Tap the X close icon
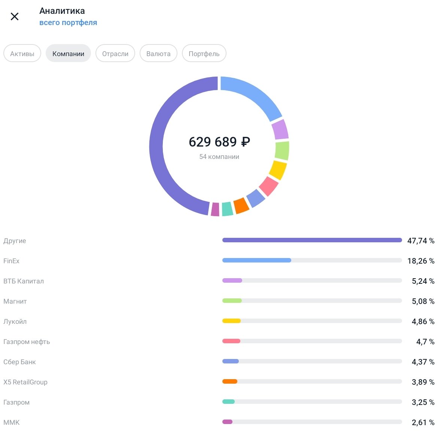pyautogui.click(x=15, y=16)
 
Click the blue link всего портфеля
pyautogui.click(x=68, y=22)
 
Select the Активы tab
pyautogui.click(x=22, y=53)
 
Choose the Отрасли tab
pyautogui.click(x=115, y=53)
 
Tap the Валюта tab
pyautogui.click(x=158, y=53)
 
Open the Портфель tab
pyautogui.click(x=204, y=53)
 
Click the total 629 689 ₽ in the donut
pyautogui.click(x=219, y=142)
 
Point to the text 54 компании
pyautogui.click(x=219, y=157)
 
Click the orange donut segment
pyautogui.click(x=241, y=206)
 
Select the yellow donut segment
pyautogui.click(x=278, y=170)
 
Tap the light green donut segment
pyautogui.click(x=282, y=150)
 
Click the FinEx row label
pyautogui.click(x=11, y=261)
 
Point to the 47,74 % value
pyautogui.click(x=420, y=241)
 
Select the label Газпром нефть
pyautogui.click(x=27, y=342)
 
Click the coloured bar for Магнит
pyautogui.click(x=232, y=301)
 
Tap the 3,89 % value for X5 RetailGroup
pyautogui.click(x=423, y=382)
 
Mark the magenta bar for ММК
pyautogui.click(x=227, y=422)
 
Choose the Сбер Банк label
pyautogui.click(x=19, y=362)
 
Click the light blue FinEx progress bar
pyautogui.click(x=257, y=260)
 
